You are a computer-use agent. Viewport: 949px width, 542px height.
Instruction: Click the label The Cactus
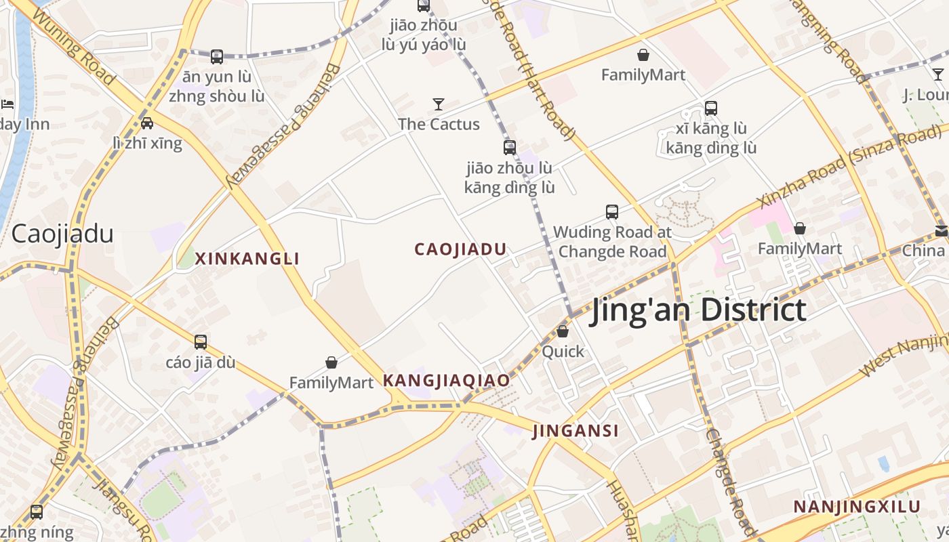tap(439, 124)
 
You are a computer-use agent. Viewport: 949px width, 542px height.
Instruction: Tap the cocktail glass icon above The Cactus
tap(439, 104)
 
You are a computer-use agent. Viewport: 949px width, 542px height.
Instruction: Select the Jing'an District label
tap(698, 310)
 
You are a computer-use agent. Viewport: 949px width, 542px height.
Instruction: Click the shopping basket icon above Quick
tap(563, 331)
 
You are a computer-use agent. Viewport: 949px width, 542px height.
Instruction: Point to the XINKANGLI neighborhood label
tap(247, 259)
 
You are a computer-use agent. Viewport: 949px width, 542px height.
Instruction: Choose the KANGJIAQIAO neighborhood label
tap(446, 381)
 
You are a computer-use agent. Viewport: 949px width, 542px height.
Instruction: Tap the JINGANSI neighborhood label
tap(576, 431)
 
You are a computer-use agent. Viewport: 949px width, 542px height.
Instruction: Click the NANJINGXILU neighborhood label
tap(857, 507)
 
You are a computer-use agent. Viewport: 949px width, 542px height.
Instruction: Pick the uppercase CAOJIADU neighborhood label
tap(460, 249)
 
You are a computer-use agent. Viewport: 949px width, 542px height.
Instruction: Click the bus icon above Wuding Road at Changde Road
tap(612, 212)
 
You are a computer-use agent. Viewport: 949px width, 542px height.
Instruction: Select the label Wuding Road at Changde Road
tap(612, 242)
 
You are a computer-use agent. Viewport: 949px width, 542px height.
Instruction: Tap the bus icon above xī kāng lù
tap(711, 108)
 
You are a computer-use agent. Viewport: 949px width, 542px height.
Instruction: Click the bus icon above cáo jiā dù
tap(201, 342)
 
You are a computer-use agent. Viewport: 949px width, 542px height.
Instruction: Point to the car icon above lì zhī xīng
tap(147, 123)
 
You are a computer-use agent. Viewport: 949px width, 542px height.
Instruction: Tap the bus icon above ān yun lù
tap(217, 57)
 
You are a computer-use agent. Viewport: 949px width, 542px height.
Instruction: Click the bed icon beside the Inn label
tap(7, 104)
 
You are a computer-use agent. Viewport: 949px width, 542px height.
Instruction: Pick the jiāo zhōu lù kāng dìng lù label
tap(509, 178)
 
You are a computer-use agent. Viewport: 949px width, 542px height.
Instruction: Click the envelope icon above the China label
tap(942, 231)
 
